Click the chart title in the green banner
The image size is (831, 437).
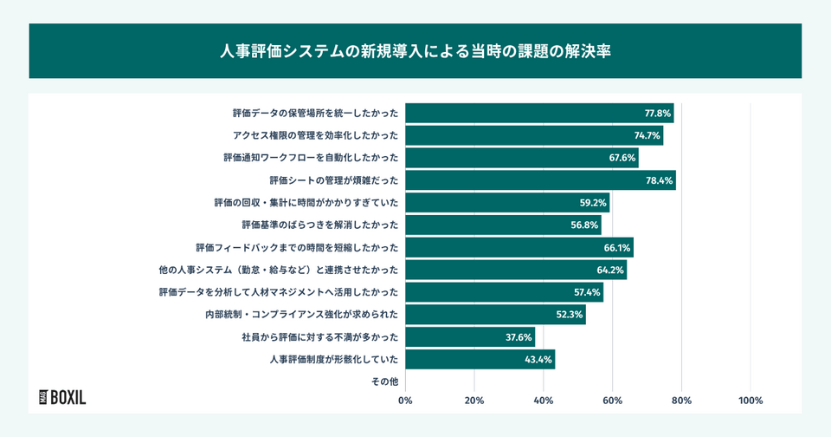pos(415,51)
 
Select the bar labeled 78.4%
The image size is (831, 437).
pos(540,180)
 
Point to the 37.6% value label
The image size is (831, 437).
pos(519,336)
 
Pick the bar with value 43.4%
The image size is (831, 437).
pos(480,359)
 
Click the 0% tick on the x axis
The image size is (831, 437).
pos(405,401)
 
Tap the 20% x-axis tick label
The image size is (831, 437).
pos(474,401)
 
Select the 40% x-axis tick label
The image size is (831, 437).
pos(544,401)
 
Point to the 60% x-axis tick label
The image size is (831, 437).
pos(613,401)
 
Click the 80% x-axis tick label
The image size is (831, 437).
pos(682,401)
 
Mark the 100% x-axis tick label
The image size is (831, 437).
pos(750,401)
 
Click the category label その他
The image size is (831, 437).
pos(384,382)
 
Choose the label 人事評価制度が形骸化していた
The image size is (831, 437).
pos(334,359)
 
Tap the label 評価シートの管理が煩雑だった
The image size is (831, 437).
pos(334,180)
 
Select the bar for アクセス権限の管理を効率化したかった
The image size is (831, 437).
pos(534,135)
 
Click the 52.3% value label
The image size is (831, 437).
pos(570,315)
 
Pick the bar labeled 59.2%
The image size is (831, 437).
pos(507,203)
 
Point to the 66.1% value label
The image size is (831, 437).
pos(617,248)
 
